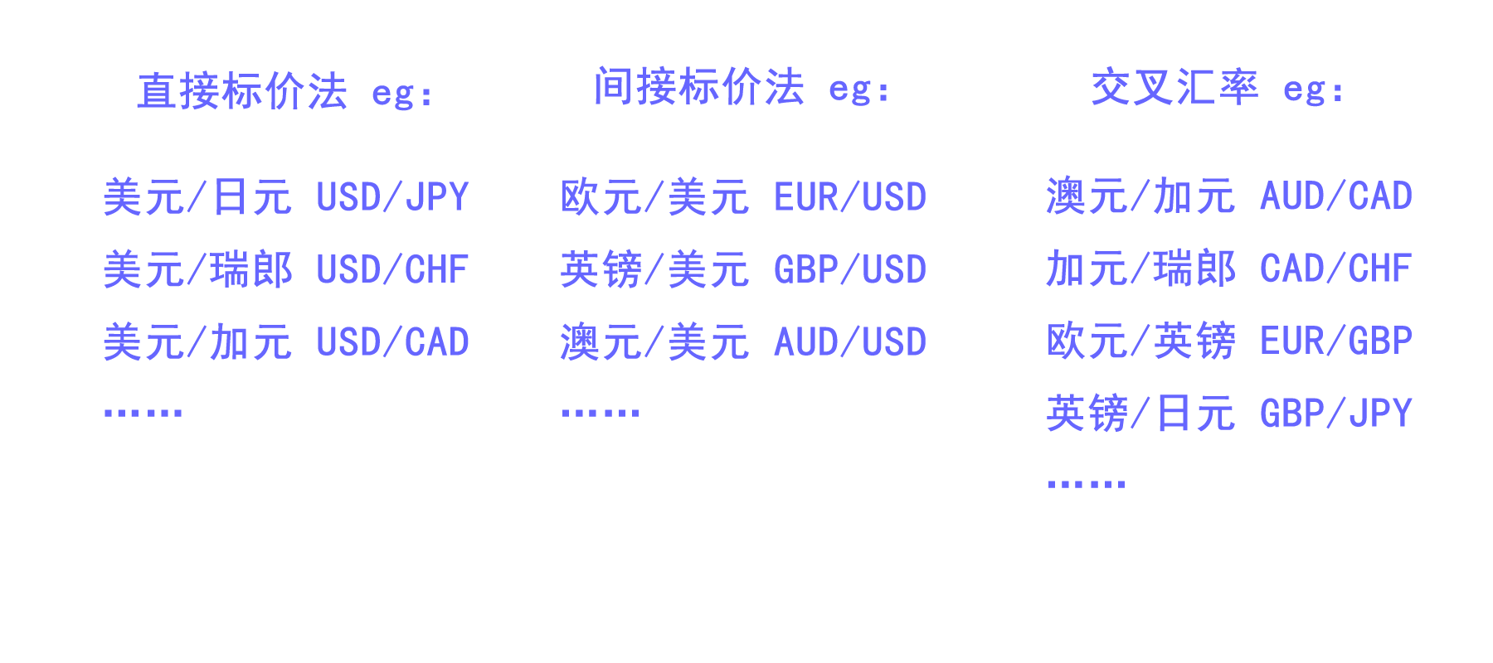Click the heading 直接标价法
coord(242,91)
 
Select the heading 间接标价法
coord(699,87)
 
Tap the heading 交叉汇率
coord(1174,87)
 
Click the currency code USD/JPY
coord(393,197)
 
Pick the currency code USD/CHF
coord(393,270)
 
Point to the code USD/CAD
coord(393,342)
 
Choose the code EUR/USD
coord(850,197)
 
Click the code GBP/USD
coord(850,270)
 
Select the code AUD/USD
coord(850,342)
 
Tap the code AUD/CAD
coord(1336,196)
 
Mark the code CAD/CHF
coord(1336,269)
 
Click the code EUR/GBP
coord(1336,341)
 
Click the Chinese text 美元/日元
coord(197,197)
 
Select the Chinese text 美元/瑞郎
coord(197,270)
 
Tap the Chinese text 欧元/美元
coord(654,197)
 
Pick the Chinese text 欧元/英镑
coord(1140,341)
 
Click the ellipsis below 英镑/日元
coord(1086,484)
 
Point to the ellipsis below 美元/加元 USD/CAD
coord(143,412)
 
